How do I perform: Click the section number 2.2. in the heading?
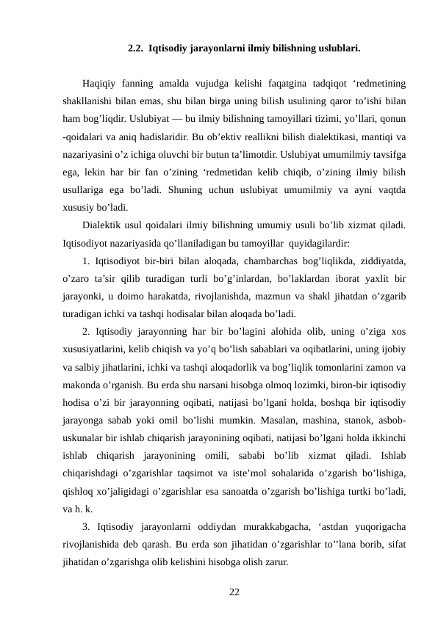click(134, 49)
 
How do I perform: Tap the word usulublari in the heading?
click(337, 49)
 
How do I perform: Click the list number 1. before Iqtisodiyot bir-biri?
click(87, 260)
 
